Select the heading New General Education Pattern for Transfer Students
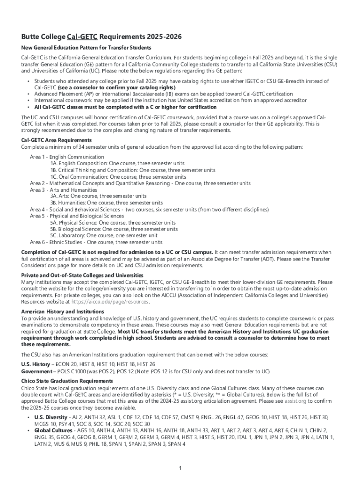(86, 48)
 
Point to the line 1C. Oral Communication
(118, 177)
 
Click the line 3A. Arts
(98, 196)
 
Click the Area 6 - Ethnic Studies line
(96, 242)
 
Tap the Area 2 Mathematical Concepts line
(140, 183)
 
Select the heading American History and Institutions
(63, 312)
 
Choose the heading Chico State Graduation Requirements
(67, 381)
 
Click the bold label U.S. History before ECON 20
(36, 364)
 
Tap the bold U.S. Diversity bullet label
(50, 417)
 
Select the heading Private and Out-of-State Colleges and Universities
(82, 275)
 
